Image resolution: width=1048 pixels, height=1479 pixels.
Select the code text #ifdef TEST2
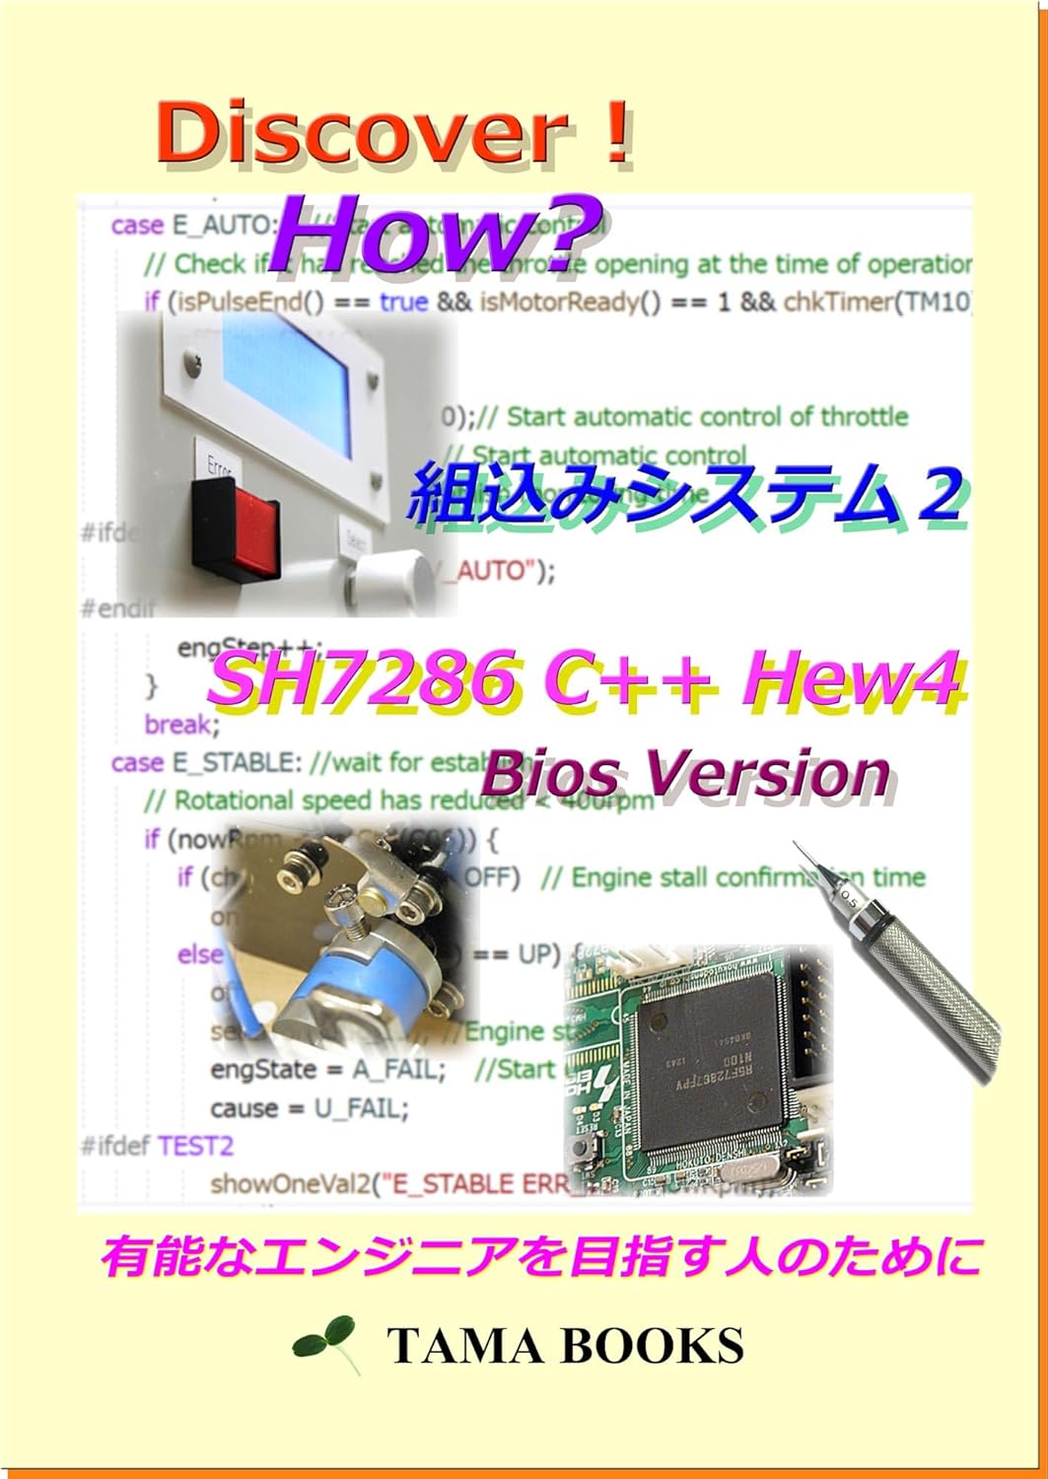pos(157,1146)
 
